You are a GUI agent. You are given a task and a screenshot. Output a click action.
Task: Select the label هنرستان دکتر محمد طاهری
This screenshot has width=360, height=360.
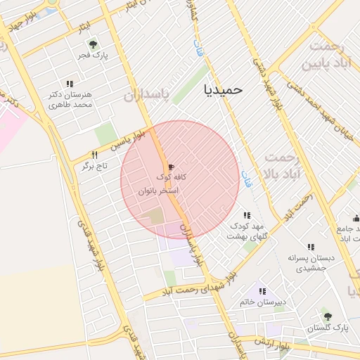click(x=72, y=99)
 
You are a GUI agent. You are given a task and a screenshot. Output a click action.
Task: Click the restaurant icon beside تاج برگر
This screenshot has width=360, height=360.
click(x=94, y=155)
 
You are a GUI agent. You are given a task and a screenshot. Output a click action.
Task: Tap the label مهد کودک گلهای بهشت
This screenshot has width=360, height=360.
click(x=244, y=231)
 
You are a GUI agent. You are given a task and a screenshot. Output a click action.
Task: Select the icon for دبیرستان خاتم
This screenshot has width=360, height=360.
click(x=262, y=291)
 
